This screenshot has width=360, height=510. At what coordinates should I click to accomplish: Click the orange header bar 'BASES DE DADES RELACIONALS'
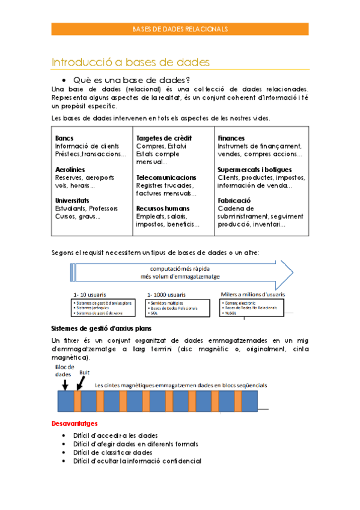click(x=180, y=29)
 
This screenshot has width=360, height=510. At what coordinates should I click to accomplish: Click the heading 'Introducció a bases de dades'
click(x=130, y=62)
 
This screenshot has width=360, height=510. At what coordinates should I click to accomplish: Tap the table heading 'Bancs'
click(x=64, y=138)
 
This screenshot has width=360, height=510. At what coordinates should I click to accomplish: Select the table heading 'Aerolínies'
click(x=70, y=170)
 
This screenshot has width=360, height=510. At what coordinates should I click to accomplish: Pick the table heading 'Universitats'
click(x=72, y=200)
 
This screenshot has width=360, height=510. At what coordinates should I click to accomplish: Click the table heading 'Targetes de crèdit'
click(x=163, y=138)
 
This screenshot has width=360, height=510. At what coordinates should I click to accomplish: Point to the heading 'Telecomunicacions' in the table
click(x=166, y=177)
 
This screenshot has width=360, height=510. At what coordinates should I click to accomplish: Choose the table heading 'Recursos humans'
click(x=163, y=209)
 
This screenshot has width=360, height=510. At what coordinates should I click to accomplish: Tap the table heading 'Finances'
click(x=231, y=138)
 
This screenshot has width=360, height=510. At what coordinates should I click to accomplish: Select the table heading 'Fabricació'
click(x=234, y=200)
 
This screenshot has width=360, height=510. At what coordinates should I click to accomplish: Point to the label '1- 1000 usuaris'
click(x=166, y=295)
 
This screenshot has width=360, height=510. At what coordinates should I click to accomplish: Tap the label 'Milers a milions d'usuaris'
click(x=252, y=294)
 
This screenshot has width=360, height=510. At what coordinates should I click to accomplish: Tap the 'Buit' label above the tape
click(x=84, y=373)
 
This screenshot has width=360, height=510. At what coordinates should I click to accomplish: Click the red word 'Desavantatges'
click(x=75, y=423)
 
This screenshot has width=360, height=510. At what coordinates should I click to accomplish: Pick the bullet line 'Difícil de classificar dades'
click(x=112, y=452)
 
